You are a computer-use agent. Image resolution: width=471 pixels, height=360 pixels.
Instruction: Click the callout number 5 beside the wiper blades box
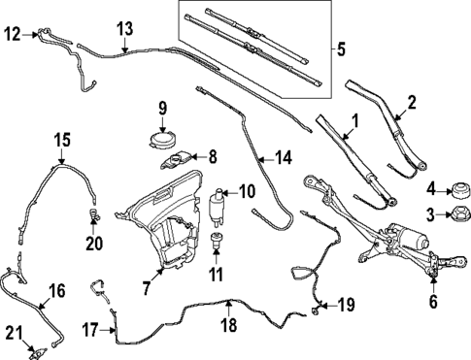[341, 49]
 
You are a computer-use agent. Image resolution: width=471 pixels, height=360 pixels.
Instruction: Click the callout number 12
[12, 34]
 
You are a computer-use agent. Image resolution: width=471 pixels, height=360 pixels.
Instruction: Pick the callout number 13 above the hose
[123, 28]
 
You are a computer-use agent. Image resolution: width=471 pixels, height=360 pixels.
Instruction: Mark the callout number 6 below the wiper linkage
[433, 302]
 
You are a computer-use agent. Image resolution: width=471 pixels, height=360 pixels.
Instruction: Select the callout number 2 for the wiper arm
[412, 103]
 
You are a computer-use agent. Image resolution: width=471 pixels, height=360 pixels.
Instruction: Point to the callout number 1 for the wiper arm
[354, 122]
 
